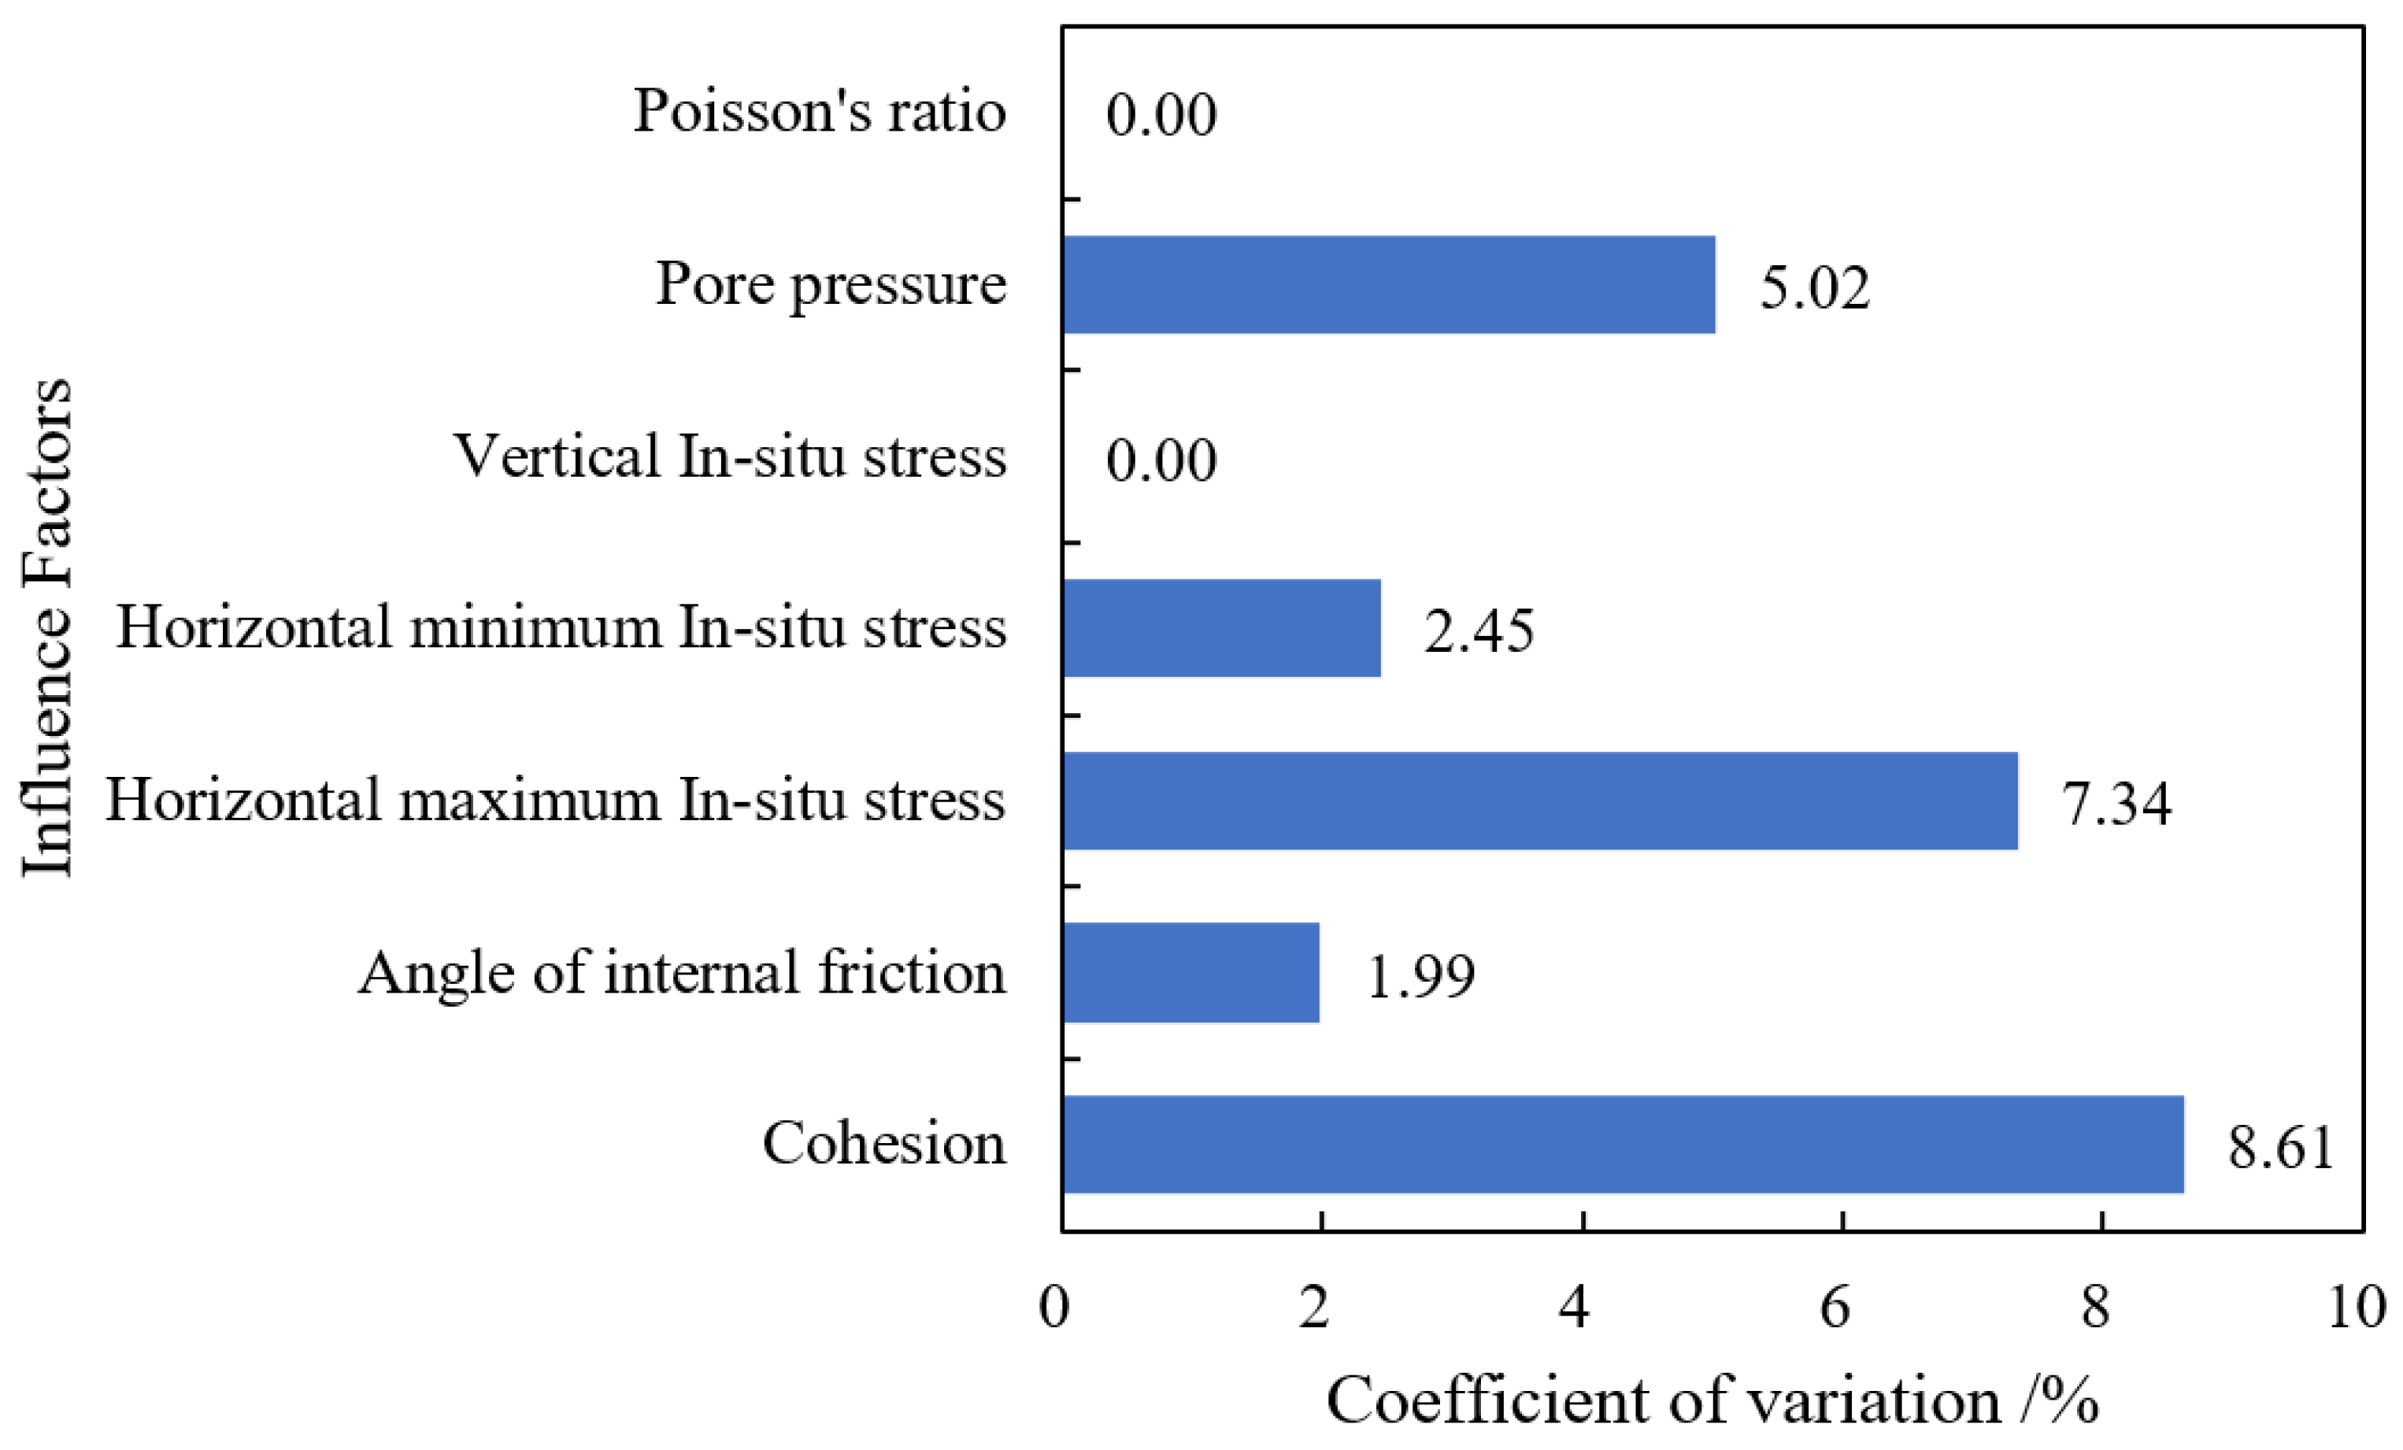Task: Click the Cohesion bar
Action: (1623, 1144)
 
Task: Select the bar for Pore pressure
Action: (1389, 285)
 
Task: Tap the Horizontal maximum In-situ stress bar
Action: (1540, 801)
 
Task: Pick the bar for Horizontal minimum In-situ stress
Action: (1221, 628)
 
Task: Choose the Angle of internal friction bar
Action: (1190, 973)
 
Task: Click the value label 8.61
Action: (2280, 1148)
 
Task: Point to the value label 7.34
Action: (2116, 805)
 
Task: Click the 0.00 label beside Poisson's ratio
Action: (1161, 115)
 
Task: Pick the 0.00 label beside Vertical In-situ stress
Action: (1161, 461)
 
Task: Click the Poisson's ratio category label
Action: (819, 111)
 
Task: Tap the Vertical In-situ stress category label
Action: (729, 457)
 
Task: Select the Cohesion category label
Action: (883, 1144)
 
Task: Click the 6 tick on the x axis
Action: (1835, 1308)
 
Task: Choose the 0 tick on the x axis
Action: (1054, 1308)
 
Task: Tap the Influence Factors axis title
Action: (46, 628)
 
